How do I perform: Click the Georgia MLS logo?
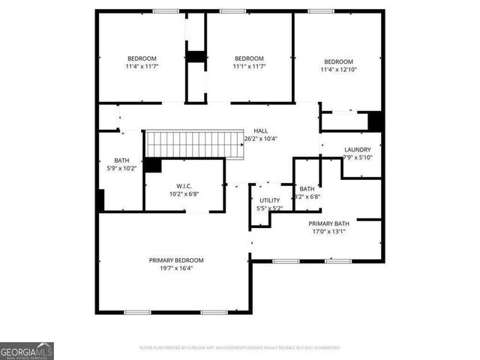tap(27, 350)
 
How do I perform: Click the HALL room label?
tap(260, 130)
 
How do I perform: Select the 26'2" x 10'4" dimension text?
tap(260, 139)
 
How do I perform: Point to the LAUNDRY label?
tap(357, 149)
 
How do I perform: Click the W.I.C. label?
tap(184, 185)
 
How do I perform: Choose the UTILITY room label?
tap(269, 199)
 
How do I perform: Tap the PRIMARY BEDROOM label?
tap(176, 260)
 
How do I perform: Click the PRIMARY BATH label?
tap(328, 223)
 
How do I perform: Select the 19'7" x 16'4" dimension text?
tap(176, 268)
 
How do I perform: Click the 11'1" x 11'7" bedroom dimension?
tap(249, 67)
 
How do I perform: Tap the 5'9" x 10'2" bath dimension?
tap(121, 168)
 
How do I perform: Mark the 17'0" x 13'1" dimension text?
tap(328, 232)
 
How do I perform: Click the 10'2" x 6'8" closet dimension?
tap(184, 193)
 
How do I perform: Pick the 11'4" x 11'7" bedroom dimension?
tap(142, 67)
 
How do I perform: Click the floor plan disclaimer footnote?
tap(239, 348)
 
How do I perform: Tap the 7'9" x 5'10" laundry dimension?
tap(357, 157)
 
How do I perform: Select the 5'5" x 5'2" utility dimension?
tap(269, 208)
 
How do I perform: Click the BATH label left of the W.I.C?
tap(121, 160)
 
